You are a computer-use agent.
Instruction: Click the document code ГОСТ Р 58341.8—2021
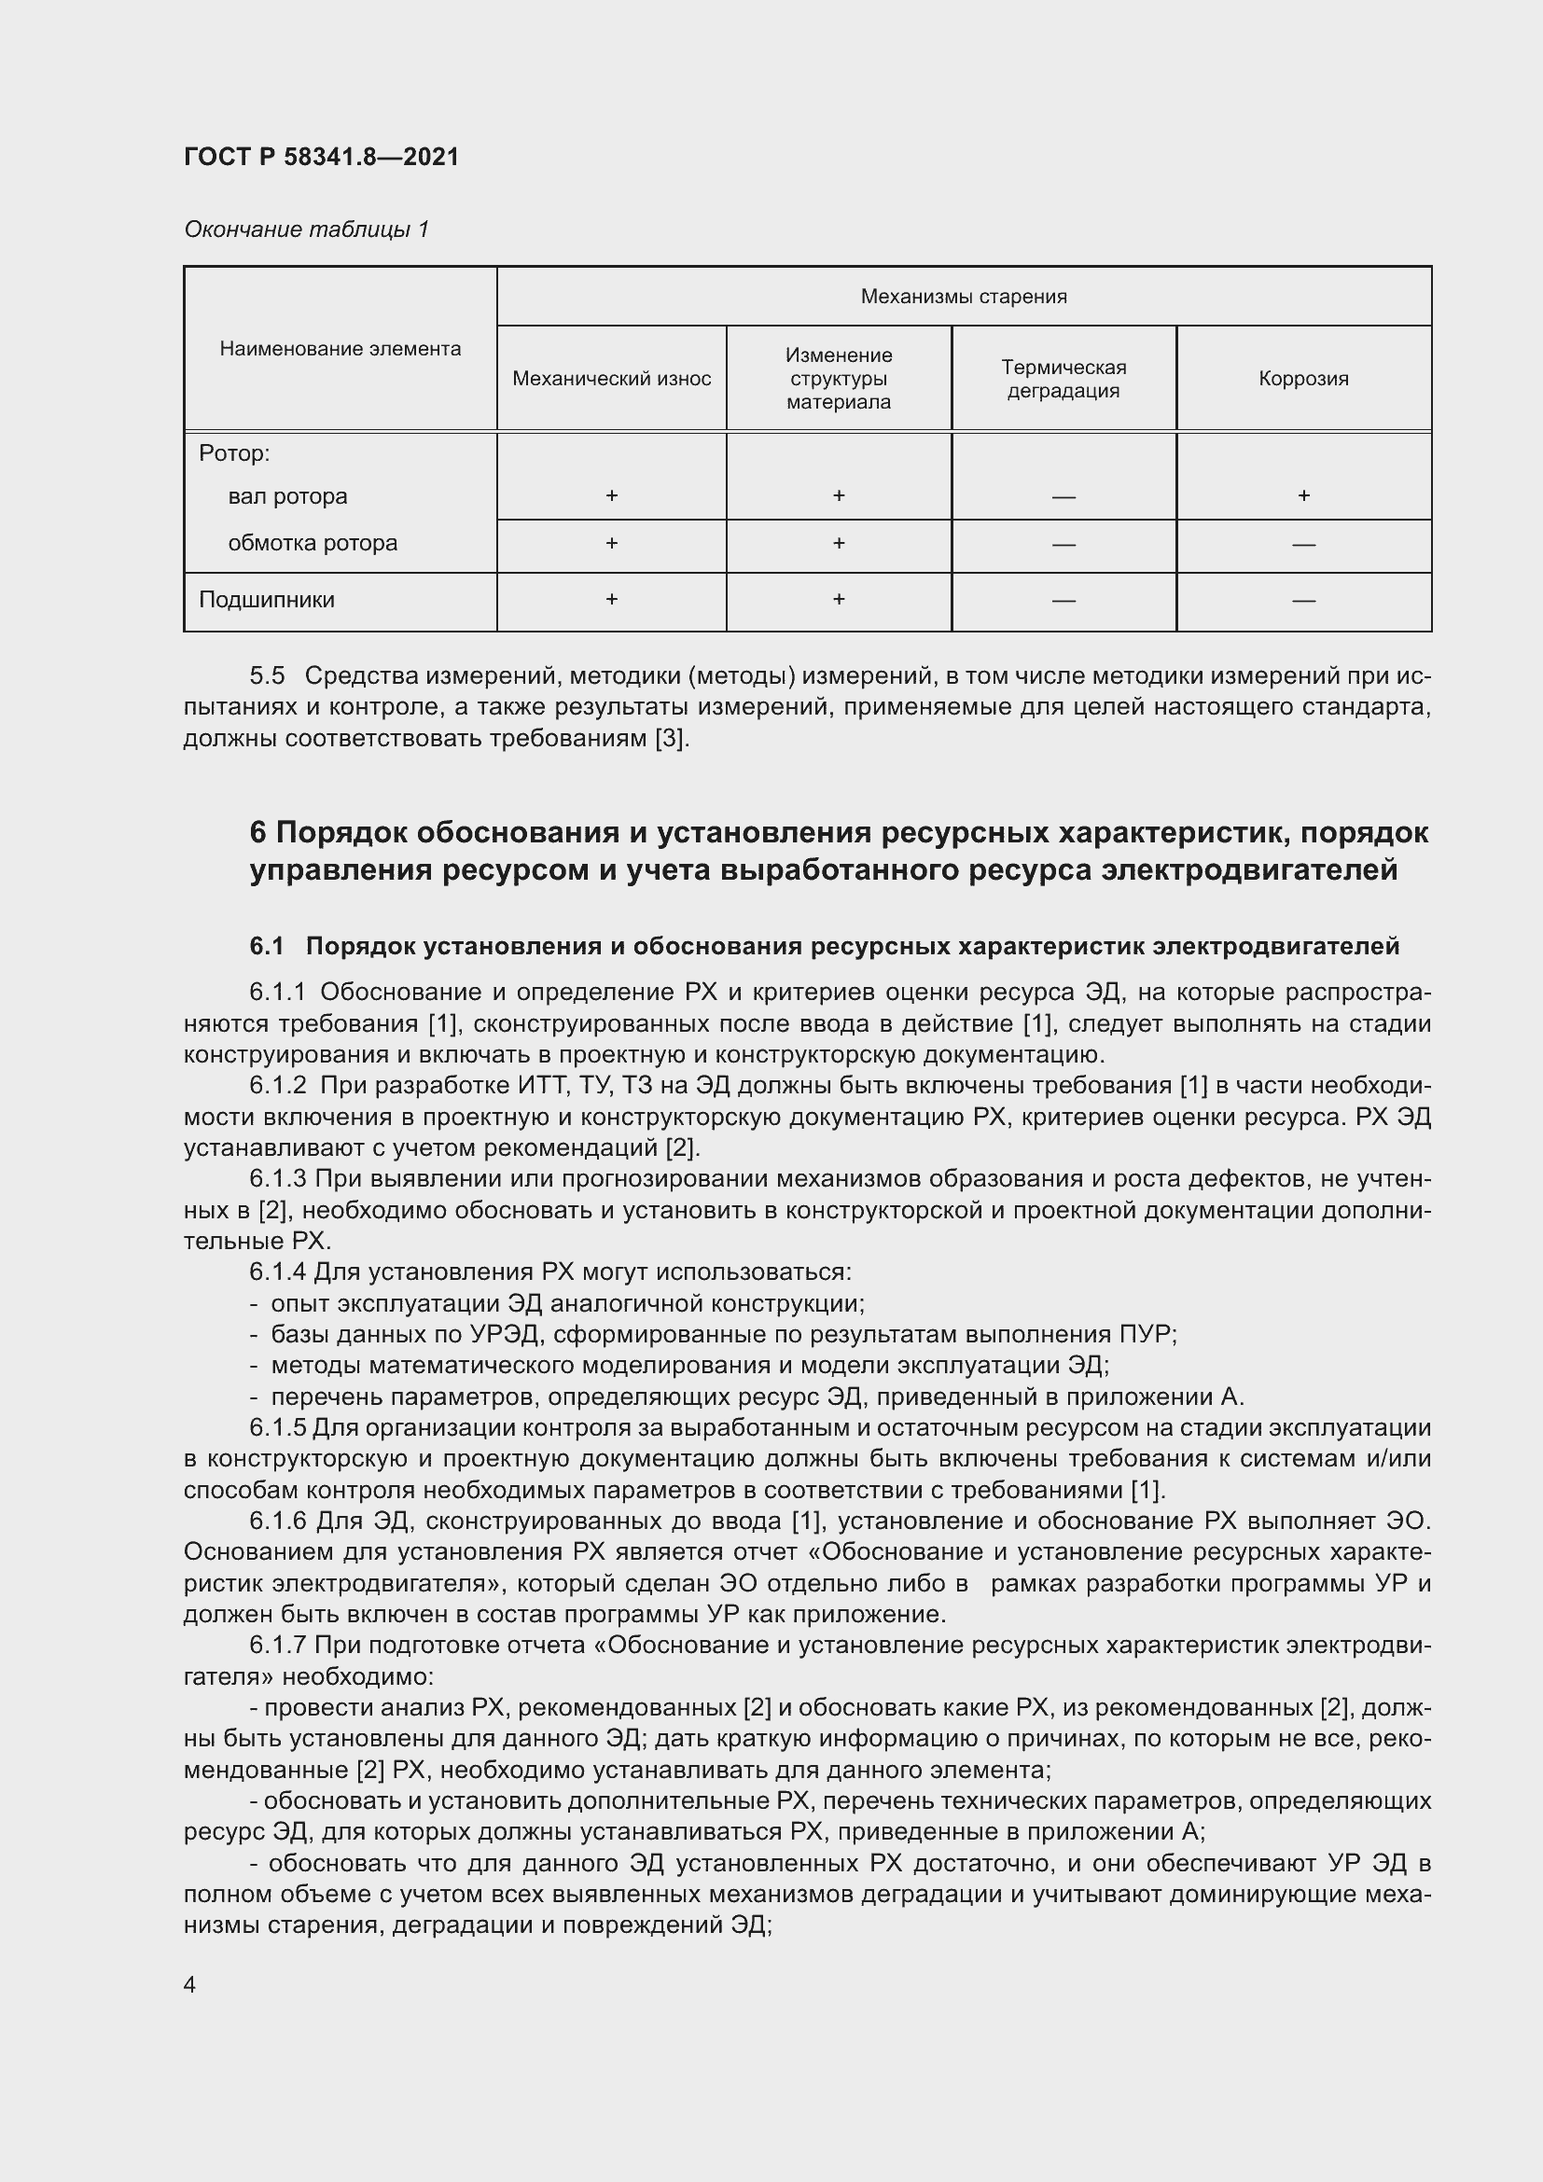321,157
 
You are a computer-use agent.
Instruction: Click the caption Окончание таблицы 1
306,229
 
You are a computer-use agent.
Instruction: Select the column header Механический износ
611,378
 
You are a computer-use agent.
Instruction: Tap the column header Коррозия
1302,378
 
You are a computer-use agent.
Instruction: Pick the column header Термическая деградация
1063,378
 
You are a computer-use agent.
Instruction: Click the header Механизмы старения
964,297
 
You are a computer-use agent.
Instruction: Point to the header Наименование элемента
341,349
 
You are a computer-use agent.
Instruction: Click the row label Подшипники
266,600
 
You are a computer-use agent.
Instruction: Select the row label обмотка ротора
313,543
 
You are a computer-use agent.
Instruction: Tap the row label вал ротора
287,496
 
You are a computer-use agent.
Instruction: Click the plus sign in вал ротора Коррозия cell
1303,495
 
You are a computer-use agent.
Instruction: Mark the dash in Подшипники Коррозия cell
1303,601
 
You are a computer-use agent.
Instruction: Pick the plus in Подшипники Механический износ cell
611,599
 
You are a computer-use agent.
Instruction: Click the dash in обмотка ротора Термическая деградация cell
1063,545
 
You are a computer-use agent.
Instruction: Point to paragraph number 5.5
267,675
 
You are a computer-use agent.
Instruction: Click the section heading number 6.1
267,946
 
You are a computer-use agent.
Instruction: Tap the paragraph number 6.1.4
277,1272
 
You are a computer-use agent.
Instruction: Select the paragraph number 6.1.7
277,1645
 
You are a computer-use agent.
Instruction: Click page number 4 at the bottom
189,1985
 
